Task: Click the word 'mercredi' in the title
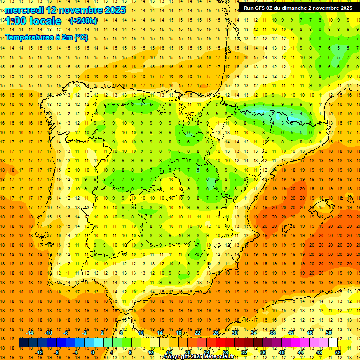pyautogui.click(x=24, y=10)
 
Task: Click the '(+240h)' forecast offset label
pyautogui.click(x=83, y=21)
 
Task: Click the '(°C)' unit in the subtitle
pyautogui.click(x=81, y=37)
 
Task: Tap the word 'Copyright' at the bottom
pyautogui.click(x=177, y=357)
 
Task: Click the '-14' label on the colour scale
pyautogui.click(x=30, y=333)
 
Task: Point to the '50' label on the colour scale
pyautogui.click(x=329, y=333)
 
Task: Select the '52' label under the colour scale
pyautogui.click(x=338, y=352)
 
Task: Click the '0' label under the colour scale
pyautogui.click(x=93, y=352)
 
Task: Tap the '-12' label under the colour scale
pyautogui.click(x=39, y=352)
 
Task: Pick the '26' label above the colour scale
pyautogui.click(x=216, y=333)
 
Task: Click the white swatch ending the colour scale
pyautogui.click(x=333, y=343)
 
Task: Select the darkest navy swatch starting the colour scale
pyautogui.click(x=23, y=343)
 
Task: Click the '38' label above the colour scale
pyautogui.click(x=272, y=333)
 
